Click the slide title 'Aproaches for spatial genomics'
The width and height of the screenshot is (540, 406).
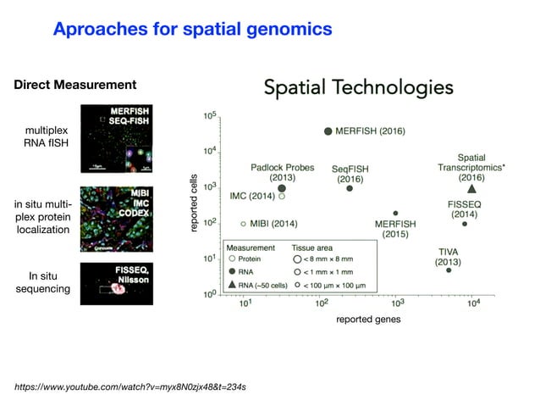tap(192, 30)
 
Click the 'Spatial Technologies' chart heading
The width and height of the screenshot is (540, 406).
tap(359, 87)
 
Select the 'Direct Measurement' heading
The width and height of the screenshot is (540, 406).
tap(74, 85)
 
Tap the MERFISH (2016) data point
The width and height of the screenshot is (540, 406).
tap(328, 131)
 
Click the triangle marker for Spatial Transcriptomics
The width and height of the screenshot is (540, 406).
tap(471, 188)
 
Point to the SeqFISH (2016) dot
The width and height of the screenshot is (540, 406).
tap(350, 188)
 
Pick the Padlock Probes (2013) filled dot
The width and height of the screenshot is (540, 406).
tap(282, 188)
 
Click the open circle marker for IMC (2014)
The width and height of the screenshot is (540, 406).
tap(282, 196)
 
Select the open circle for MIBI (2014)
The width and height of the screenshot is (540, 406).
tap(244, 224)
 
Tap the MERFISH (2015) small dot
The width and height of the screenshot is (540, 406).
tap(395, 214)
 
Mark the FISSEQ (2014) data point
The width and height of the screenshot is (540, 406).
tap(465, 224)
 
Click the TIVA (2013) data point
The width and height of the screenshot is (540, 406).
tap(449, 270)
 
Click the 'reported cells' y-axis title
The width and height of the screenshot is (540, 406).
tap(194, 204)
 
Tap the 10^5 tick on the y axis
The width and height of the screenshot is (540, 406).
tap(209, 114)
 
